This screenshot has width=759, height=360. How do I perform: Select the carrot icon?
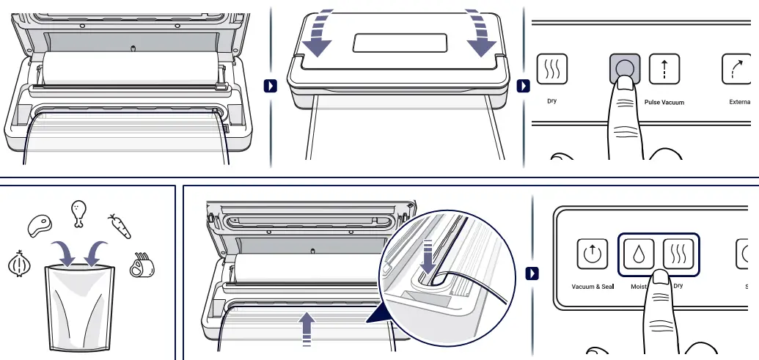[119, 225]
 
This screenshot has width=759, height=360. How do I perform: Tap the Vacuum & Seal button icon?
[591, 253]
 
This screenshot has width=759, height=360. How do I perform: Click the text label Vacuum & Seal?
[587, 287]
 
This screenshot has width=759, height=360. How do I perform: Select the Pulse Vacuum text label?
[664, 103]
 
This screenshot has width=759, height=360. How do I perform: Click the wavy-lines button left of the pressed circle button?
[551, 70]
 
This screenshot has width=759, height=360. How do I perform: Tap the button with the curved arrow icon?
[736, 70]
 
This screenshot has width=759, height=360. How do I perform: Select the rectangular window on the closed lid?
[400, 43]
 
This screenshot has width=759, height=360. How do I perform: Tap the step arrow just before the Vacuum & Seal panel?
[533, 273]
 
